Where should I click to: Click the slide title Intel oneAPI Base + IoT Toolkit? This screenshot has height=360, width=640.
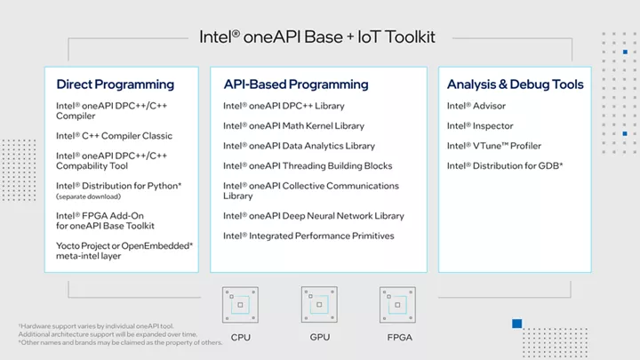[x=317, y=36]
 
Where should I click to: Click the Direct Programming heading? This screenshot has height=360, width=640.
[x=115, y=84]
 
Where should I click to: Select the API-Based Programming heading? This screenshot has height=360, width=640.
[x=296, y=84]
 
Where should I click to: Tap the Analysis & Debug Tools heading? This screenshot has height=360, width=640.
[x=515, y=84]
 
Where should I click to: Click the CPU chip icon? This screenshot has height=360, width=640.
[x=240, y=305]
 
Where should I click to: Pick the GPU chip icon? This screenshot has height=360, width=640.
[x=319, y=305]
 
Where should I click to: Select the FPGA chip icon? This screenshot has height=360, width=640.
[x=397, y=305]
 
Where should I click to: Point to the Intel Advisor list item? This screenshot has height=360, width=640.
[x=476, y=106]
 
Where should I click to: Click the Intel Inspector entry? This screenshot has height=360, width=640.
[x=480, y=126]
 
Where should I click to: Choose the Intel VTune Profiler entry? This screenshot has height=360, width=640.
[x=494, y=146]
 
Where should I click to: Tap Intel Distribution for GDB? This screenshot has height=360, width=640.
[x=505, y=166]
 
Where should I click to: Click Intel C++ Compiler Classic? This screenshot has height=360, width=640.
[x=115, y=136]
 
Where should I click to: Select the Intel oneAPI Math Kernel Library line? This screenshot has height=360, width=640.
[x=293, y=126]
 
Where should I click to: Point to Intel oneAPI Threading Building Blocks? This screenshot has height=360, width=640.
[x=308, y=166]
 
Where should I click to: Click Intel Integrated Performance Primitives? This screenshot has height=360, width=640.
[x=308, y=236]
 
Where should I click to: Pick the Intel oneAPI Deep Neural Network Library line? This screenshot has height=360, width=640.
[x=314, y=216]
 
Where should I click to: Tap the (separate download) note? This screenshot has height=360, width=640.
[x=89, y=196]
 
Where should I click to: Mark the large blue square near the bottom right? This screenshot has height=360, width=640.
[x=517, y=324]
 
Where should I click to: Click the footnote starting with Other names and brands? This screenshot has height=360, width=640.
[x=120, y=342]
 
